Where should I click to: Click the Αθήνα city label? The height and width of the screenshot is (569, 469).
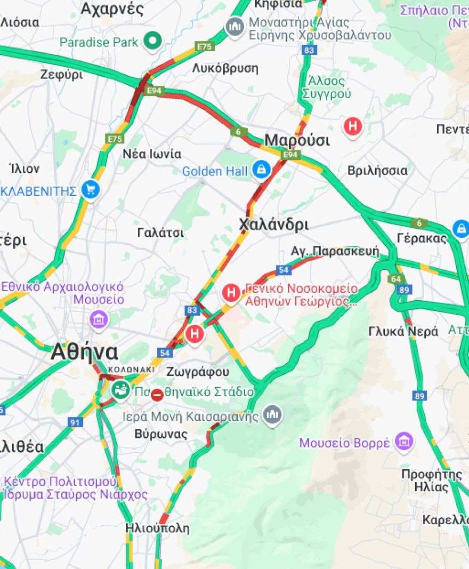pos(85,352)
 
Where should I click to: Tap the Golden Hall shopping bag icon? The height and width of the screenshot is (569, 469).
pos(261,170)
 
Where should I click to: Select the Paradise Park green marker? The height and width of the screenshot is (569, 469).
pos(153,41)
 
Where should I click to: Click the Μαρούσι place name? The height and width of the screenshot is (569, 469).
pos(297,140)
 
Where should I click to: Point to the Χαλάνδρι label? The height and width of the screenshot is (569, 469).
pos(273,224)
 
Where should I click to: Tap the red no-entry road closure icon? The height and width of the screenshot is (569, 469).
pos(157,395)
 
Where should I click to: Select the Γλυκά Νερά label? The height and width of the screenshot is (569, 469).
pos(403,331)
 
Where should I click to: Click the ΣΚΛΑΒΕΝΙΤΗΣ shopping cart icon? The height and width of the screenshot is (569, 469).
pos(91,189)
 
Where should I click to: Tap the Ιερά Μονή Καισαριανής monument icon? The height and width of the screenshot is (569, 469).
pos(272,414)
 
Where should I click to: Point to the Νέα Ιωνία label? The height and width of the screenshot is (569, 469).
pos(152,154)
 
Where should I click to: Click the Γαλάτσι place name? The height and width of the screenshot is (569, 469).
pos(160,233)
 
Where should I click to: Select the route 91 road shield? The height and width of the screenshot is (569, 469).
pos(75,422)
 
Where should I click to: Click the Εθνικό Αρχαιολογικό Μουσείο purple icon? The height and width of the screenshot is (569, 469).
pos(99,319)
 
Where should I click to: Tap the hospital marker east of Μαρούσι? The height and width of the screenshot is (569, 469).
pos(352,127)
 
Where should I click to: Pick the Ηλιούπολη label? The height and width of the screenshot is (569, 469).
pos(157,528)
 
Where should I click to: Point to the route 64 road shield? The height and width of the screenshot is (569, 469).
pos(396,279)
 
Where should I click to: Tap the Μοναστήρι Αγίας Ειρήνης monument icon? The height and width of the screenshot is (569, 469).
pos(234,26)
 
